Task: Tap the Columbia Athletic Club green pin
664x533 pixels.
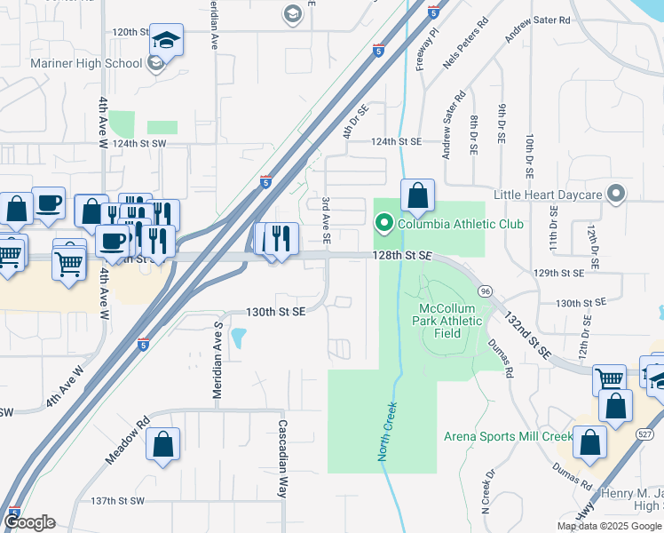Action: (383, 223)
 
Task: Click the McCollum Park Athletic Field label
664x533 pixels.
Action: (447, 321)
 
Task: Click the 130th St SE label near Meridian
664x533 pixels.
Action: (275, 312)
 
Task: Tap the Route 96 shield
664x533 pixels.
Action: (484, 291)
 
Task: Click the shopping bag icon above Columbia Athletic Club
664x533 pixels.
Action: (417, 195)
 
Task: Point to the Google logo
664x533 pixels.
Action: (29, 523)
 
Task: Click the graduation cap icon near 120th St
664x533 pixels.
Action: (165, 41)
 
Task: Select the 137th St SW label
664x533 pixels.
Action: (116, 501)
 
